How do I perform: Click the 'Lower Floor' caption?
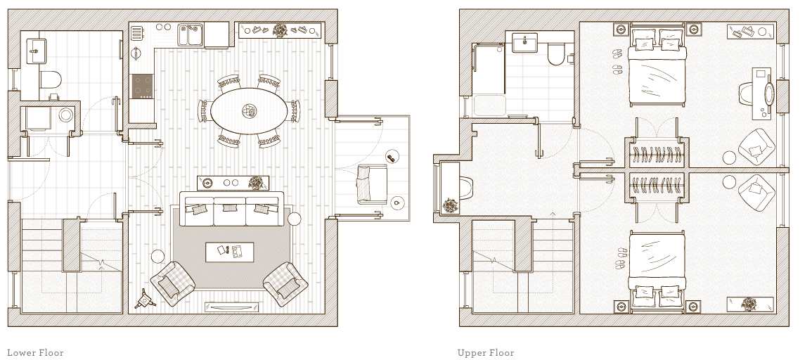pyautogui.click(x=35, y=353)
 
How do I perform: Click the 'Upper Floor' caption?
pyautogui.click(x=486, y=353)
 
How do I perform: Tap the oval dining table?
pyautogui.click(x=250, y=110)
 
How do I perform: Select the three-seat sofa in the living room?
pyautogui.click(x=231, y=210)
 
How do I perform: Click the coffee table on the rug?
pyautogui.click(x=230, y=251)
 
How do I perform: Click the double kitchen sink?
pyautogui.click(x=190, y=34)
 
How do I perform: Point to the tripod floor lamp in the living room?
pyautogui.click(x=146, y=300)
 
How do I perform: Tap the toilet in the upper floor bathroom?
pyautogui.click(x=556, y=53)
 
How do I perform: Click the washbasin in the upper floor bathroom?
pyautogui.click(x=524, y=43)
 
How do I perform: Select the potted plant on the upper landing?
pyautogui.click(x=449, y=206)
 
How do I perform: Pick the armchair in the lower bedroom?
pyautogui.click(x=756, y=192)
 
